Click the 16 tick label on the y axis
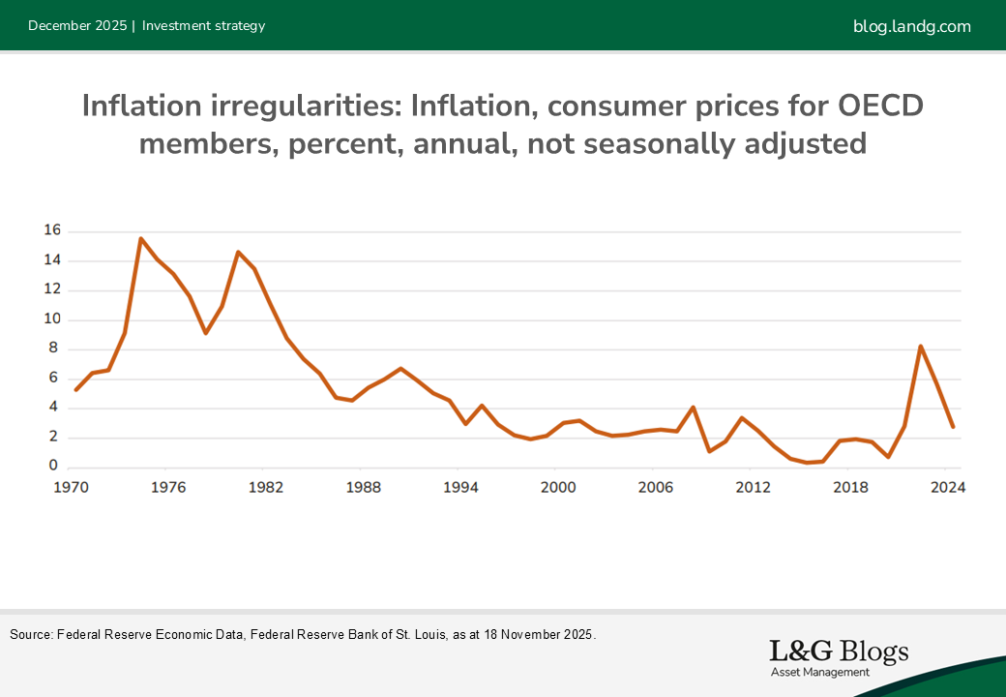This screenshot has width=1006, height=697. click(52, 230)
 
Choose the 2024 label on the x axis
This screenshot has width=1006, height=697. click(946, 488)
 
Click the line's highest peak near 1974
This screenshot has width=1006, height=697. click(141, 238)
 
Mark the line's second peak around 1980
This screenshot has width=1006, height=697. click(238, 252)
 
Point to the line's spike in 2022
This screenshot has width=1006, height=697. click(921, 346)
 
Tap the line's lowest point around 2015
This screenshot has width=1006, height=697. click(807, 463)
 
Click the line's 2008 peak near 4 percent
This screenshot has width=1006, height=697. click(694, 408)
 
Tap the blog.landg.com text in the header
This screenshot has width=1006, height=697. click(911, 26)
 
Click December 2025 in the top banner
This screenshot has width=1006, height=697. click(77, 26)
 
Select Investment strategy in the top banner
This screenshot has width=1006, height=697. click(203, 26)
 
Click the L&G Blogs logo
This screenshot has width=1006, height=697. click(838, 652)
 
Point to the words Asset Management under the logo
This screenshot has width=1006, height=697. click(820, 672)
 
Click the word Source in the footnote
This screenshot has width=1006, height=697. click(29, 635)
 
